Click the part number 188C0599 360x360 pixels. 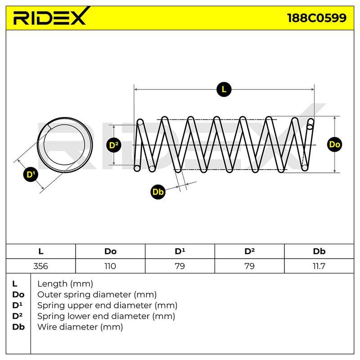point(317,18)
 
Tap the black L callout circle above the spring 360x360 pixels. point(224,89)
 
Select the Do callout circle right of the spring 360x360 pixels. point(334,144)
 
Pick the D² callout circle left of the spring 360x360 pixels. point(114,145)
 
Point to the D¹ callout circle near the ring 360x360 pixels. point(31,175)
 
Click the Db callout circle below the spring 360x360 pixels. point(158,192)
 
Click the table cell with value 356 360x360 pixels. point(40,266)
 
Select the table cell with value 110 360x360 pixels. point(110,266)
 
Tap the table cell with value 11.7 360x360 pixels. point(319,266)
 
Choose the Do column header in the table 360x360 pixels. point(110,252)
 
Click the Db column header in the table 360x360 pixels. point(319,252)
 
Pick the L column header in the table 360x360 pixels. point(40,252)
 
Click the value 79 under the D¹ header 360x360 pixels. point(180,266)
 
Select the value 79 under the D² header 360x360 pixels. point(249,266)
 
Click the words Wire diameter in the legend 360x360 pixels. point(67,327)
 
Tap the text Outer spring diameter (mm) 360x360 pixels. point(97,295)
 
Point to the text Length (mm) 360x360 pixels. point(65,284)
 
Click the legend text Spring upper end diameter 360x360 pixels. point(94,306)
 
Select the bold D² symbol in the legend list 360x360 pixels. point(18,316)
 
